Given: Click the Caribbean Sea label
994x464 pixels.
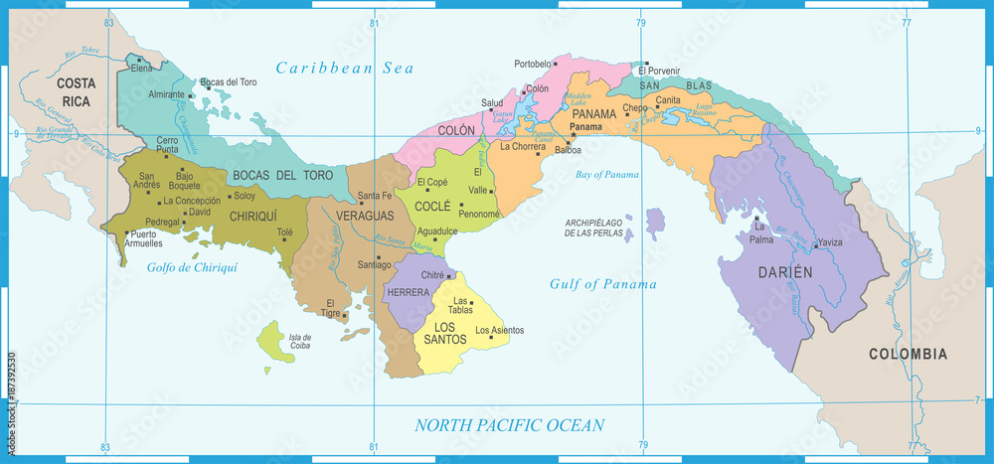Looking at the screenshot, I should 345,68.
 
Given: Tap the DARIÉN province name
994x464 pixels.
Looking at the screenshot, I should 787,271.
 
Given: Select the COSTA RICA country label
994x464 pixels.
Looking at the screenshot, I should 75,92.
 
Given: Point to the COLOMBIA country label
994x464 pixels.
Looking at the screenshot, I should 908,354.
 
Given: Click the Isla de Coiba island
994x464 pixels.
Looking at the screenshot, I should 270,339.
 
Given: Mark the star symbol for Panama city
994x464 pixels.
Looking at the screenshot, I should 574,135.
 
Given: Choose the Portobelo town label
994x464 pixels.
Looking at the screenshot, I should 533,64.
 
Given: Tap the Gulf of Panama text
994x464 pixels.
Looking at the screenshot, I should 602,284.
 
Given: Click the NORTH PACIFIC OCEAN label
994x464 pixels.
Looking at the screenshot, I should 509,425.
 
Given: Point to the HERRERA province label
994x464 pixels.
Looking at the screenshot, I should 409,292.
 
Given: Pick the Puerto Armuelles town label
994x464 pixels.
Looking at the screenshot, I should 142,238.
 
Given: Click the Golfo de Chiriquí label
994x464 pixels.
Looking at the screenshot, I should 192,267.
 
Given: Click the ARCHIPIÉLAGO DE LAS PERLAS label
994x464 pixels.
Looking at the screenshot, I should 594,228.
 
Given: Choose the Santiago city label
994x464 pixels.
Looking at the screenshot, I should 376,264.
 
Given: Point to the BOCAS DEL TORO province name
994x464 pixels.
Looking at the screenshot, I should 282,175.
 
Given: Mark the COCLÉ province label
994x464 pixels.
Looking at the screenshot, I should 434,206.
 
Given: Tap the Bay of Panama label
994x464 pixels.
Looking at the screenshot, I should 607,175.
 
